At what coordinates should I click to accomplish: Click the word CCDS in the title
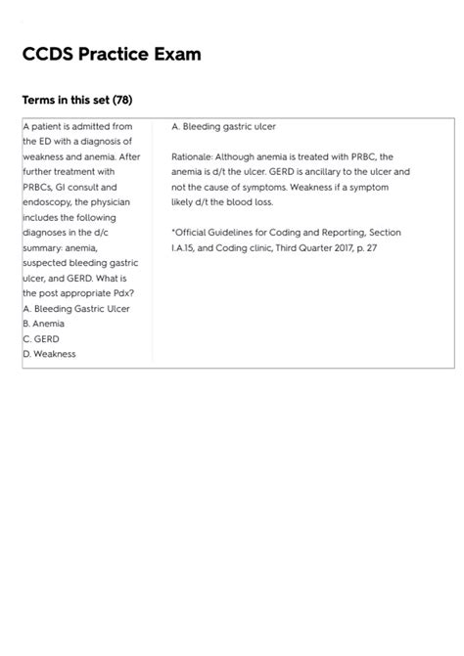tap(48, 55)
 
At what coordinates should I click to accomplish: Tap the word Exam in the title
tap(177, 55)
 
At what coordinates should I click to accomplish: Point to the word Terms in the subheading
tap(40, 100)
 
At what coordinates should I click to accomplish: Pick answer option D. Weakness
tap(49, 353)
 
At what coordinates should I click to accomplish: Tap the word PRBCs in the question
tap(38, 187)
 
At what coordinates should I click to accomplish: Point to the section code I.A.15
tap(184, 247)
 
